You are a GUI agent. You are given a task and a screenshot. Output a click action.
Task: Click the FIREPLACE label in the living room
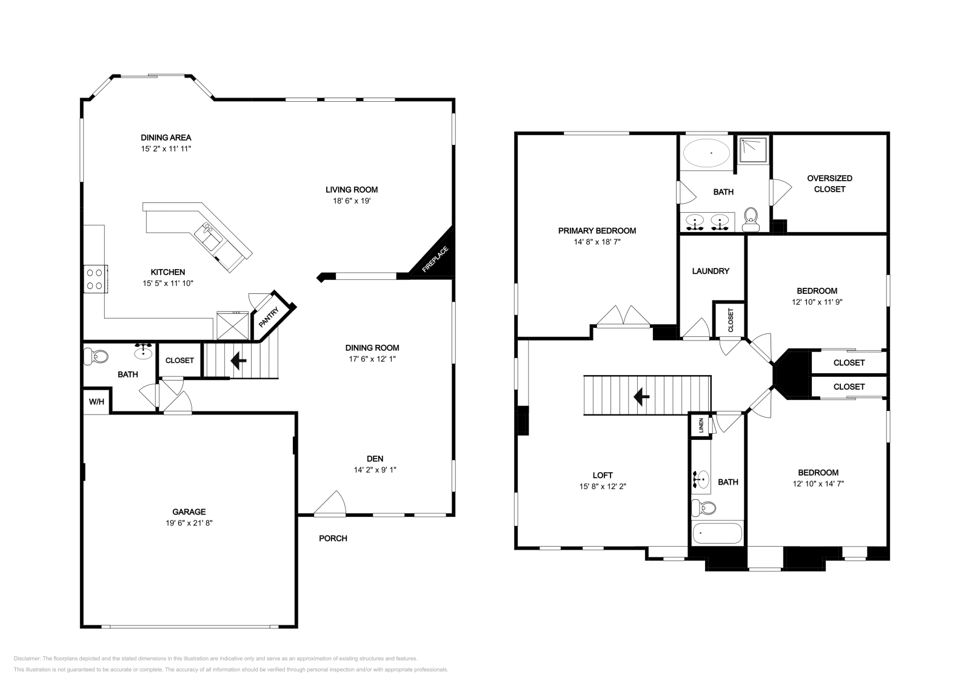[x=435, y=259]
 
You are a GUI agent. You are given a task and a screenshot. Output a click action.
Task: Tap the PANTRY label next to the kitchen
[x=269, y=317]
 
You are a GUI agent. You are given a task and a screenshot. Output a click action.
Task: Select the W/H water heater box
[x=96, y=402]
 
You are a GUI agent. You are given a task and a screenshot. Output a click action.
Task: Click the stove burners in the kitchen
[x=95, y=279]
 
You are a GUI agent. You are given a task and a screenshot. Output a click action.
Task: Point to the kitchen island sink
[x=209, y=237]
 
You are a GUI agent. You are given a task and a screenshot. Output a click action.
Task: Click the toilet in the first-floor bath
[x=96, y=356]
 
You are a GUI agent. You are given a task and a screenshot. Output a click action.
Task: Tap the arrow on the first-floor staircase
[x=238, y=360]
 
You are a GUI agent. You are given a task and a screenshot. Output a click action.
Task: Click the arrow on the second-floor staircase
[x=641, y=396]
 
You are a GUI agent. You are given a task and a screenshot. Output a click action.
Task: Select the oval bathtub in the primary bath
[x=706, y=153]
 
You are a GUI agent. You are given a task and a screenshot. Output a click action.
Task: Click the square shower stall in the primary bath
[x=754, y=150]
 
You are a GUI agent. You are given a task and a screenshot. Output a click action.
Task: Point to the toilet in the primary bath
[x=751, y=219]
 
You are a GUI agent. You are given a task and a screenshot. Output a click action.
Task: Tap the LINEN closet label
[x=701, y=425]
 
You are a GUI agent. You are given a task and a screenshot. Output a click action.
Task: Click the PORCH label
[x=333, y=538]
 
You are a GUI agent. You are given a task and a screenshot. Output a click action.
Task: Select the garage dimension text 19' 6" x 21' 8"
[x=189, y=523]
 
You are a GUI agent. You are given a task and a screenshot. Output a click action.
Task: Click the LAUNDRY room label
[x=711, y=271]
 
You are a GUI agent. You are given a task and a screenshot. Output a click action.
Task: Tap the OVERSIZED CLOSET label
[x=829, y=184]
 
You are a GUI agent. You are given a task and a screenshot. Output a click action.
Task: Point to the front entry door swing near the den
[x=330, y=504]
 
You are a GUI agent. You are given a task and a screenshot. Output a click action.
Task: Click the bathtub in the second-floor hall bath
[x=718, y=533]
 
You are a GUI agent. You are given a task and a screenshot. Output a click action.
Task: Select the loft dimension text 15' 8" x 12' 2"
[x=603, y=487]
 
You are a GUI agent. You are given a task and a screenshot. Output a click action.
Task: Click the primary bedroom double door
[x=623, y=315]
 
